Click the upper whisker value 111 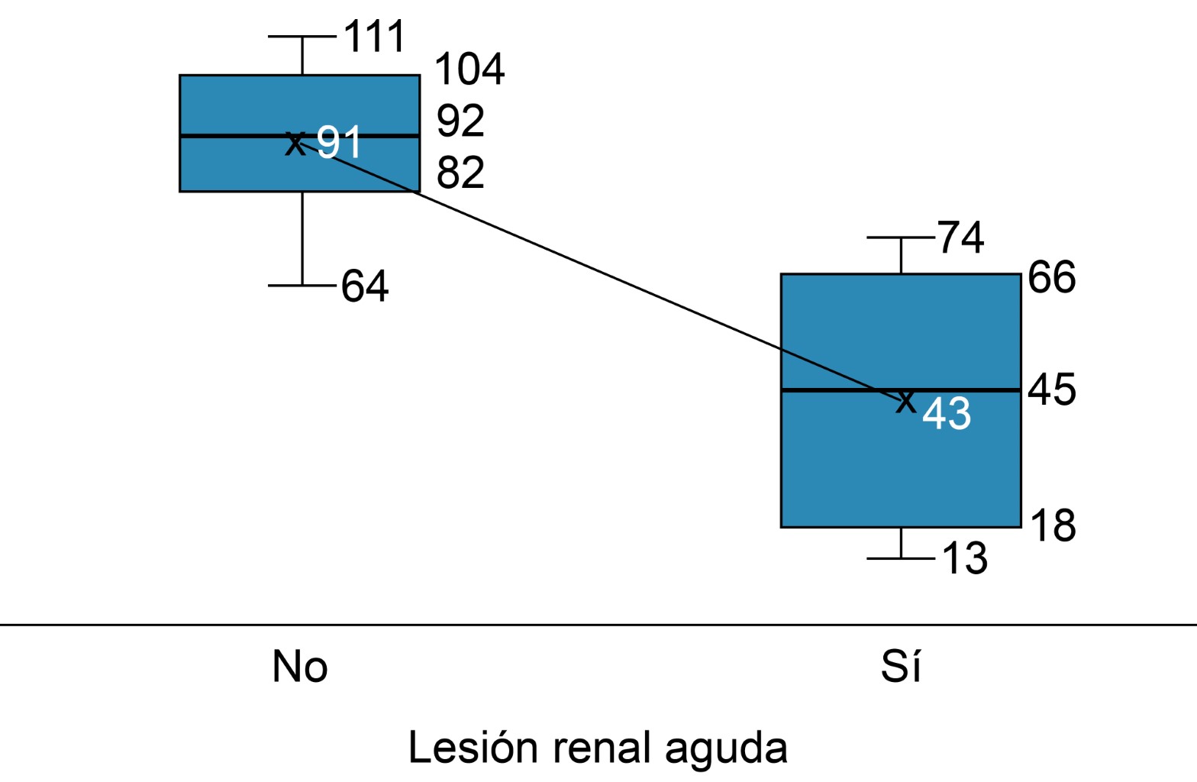(374, 37)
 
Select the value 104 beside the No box (469, 69)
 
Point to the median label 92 (460, 121)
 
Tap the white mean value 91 (339, 142)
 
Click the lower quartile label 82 (460, 173)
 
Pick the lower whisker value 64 (365, 286)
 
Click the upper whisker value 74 (960, 238)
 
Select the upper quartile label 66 (1051, 277)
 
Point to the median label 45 (1051, 389)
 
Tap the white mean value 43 (947, 414)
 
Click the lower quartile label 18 (1053, 526)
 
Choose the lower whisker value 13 (965, 558)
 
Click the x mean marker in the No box (295, 143)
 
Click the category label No (300, 667)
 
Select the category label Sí (901, 667)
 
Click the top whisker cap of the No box (302, 36)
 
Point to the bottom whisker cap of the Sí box (901, 558)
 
